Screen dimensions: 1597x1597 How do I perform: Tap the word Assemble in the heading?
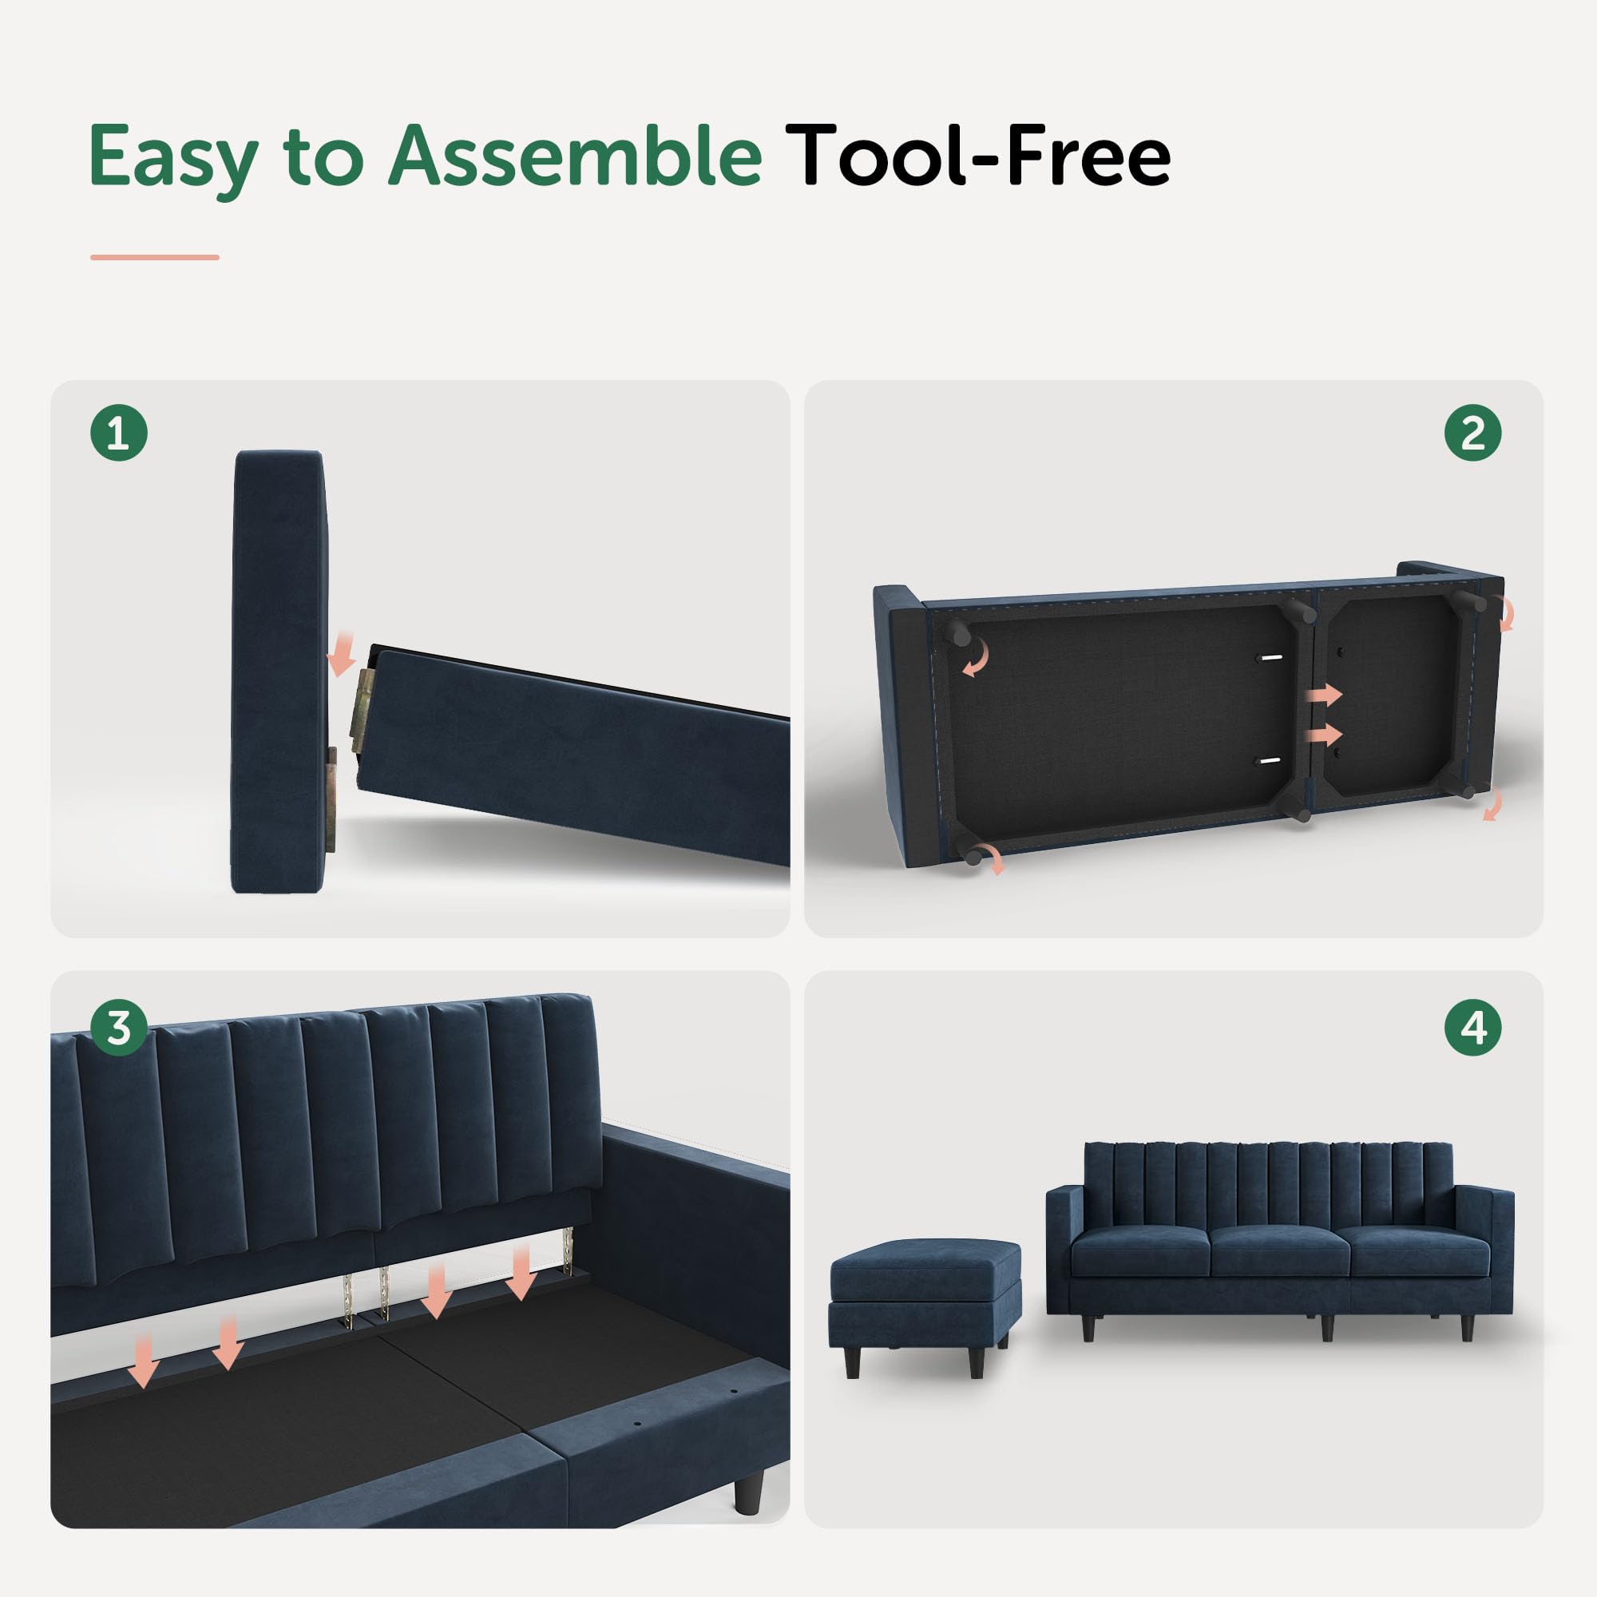tap(575, 155)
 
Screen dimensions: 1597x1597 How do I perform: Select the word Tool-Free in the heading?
tap(977, 155)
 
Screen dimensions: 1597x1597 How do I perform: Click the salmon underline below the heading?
tap(155, 257)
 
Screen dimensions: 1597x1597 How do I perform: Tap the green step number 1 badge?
tap(119, 433)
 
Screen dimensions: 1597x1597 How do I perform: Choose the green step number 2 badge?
tap(1473, 433)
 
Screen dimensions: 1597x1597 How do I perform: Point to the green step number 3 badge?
tap(119, 1028)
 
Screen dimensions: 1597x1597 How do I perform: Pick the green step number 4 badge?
tap(1473, 1028)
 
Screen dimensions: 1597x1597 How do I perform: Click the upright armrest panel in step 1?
tap(279, 672)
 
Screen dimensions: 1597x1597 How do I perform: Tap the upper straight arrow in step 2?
tap(1325, 695)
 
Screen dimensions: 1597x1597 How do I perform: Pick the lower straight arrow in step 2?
tap(1325, 734)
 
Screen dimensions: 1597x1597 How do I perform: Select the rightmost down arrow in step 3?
tap(521, 1274)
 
